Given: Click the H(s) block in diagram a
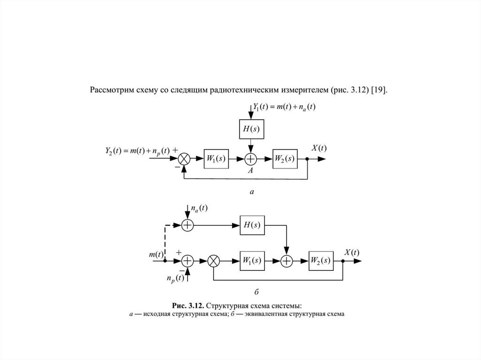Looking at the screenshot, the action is (251, 129).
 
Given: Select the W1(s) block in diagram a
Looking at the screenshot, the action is (216, 159).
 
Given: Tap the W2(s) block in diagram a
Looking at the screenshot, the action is (285, 159).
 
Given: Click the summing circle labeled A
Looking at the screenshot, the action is (251, 159).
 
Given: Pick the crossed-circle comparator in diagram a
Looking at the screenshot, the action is (184, 159).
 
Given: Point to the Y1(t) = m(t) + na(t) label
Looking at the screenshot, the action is (284, 107).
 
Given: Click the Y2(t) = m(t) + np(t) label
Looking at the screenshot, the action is (138, 151).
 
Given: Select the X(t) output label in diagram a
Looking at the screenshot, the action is (319, 148).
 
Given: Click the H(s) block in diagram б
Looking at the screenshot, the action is (252, 225).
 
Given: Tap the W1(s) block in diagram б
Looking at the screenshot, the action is (252, 261).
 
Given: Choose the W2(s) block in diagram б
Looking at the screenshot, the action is (321, 261).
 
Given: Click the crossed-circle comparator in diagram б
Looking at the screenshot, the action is (214, 261).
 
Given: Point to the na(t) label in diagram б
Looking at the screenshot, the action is (199, 208).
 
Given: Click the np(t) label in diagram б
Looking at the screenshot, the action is (176, 278).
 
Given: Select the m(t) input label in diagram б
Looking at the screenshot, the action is (156, 254).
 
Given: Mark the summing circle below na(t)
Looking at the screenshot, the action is (187, 225).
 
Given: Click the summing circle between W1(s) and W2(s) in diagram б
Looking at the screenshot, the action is (287, 261).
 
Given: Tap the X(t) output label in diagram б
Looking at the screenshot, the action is (351, 253).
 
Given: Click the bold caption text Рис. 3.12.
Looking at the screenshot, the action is (188, 306).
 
